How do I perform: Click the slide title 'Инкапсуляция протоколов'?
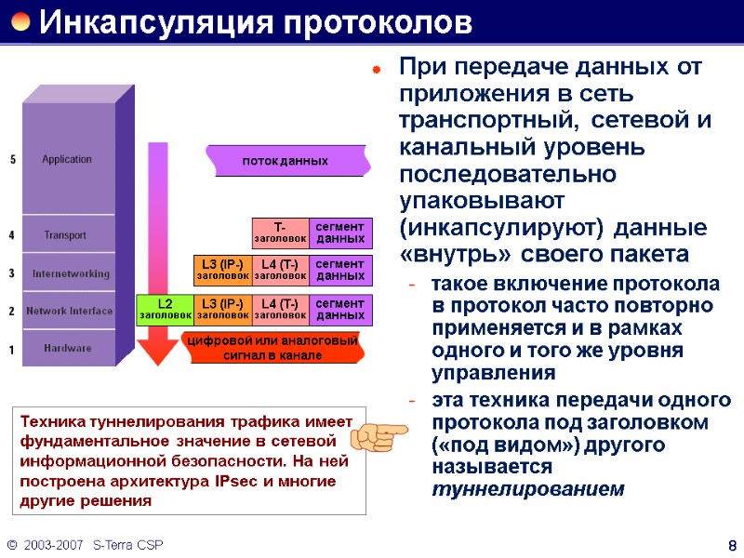tap(255, 20)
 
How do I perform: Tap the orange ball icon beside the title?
tap(20, 20)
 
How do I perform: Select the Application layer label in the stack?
tap(67, 159)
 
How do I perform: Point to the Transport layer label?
tap(65, 235)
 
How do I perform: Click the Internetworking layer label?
tap(71, 273)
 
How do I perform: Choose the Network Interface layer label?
tap(69, 312)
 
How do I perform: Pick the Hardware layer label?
tap(68, 349)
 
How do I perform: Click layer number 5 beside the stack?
tap(12, 160)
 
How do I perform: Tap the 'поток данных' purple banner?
tap(286, 162)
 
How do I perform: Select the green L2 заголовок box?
tap(165, 310)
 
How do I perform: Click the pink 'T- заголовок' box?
tap(280, 232)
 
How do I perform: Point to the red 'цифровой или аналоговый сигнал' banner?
tap(273, 348)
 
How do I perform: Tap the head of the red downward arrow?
tap(157, 352)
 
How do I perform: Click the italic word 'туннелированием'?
tap(528, 489)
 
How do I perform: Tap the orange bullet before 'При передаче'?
tap(377, 69)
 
